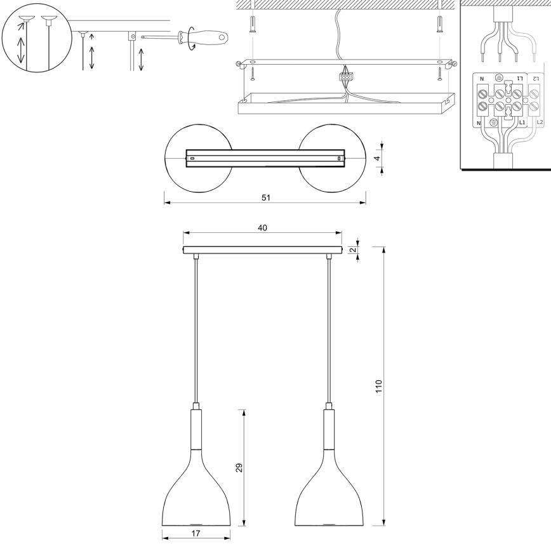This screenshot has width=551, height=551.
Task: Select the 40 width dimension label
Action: (x=262, y=227)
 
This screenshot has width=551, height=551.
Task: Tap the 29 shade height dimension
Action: (x=239, y=468)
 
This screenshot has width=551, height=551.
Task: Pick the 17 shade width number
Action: (x=196, y=534)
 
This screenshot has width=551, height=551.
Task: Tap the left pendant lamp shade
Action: (x=196, y=489)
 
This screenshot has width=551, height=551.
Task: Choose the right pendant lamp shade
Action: (x=329, y=489)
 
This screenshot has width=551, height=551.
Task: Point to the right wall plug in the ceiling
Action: (x=439, y=26)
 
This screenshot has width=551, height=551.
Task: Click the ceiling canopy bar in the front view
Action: (x=262, y=249)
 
